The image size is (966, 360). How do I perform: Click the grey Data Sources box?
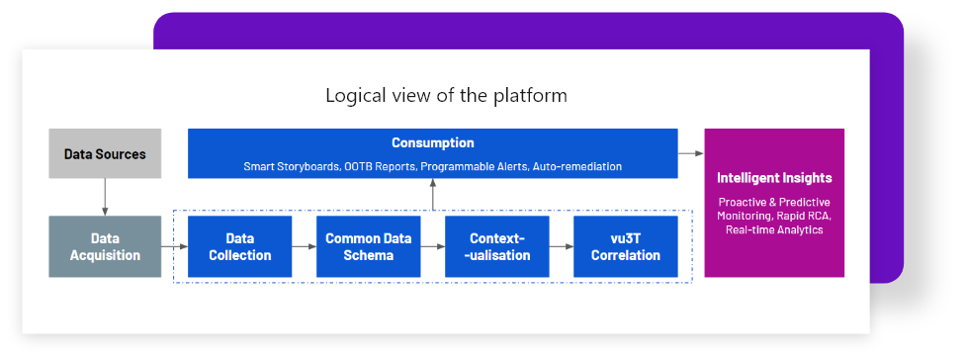point(105,153)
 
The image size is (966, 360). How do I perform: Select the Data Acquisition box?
point(105,246)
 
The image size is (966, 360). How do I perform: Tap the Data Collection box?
point(239,246)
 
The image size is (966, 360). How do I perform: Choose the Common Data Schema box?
point(369,246)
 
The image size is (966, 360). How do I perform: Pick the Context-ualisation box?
point(497,246)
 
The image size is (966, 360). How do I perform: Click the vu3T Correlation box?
point(625,246)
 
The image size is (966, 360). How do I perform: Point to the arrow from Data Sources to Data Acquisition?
point(105,197)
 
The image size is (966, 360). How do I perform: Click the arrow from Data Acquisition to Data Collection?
point(174,246)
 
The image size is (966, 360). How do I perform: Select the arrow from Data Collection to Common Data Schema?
point(305,246)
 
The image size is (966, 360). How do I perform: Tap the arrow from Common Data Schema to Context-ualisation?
point(433,246)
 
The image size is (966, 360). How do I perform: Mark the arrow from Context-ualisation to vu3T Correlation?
point(562,246)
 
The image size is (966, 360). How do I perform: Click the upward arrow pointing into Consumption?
point(432,194)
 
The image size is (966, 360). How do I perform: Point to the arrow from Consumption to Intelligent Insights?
point(690,153)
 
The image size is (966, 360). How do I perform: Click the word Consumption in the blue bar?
point(432,143)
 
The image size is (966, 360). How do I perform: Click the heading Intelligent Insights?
point(774,178)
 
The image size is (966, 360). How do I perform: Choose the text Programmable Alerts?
point(475,166)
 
